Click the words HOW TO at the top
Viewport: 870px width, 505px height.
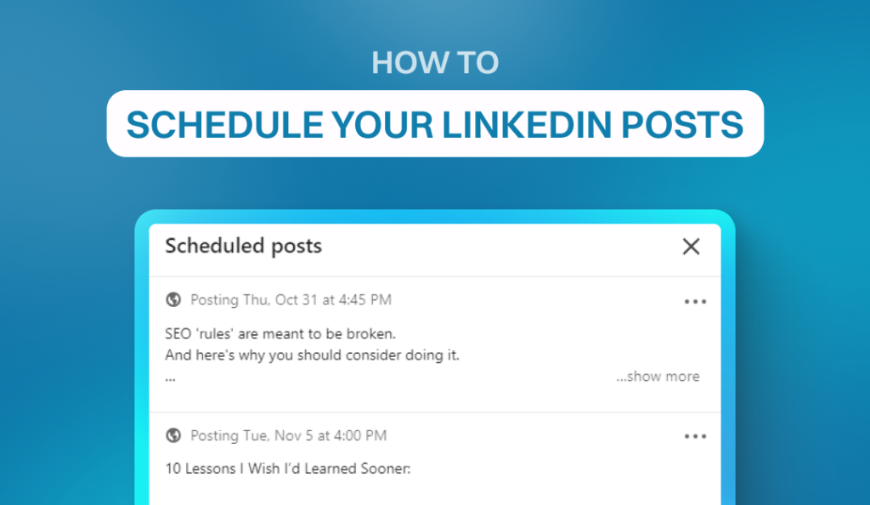[x=435, y=62]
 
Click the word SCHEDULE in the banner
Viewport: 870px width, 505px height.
[x=224, y=124]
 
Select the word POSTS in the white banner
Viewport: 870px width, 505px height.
[x=682, y=124]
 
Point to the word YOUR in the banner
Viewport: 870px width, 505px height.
[x=382, y=124]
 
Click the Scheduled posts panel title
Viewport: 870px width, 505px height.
[x=244, y=246]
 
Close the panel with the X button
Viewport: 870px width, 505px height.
[x=691, y=247]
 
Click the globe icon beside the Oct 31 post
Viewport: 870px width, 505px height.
[x=173, y=299]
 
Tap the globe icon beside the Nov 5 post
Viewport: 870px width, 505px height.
[x=173, y=435]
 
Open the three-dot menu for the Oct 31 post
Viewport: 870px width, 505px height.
[x=695, y=301]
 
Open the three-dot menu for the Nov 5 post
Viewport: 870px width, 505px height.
[x=695, y=436]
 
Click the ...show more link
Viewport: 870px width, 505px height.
[x=658, y=377]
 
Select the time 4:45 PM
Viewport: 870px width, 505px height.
[x=365, y=299]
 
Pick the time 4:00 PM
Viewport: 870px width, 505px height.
[x=360, y=435]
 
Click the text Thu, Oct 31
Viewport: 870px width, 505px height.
[x=280, y=300]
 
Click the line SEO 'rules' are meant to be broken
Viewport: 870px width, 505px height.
[x=280, y=333]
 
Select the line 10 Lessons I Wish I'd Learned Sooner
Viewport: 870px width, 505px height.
[x=288, y=468]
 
